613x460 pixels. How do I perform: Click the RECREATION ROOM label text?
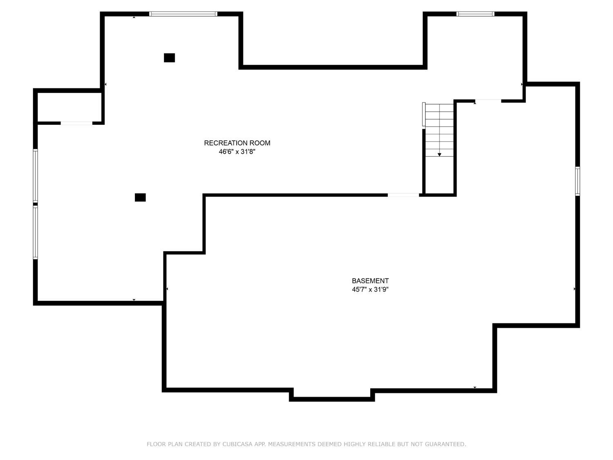point(237,143)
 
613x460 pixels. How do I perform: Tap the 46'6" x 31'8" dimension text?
point(237,152)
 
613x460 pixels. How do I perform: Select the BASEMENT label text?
point(370,281)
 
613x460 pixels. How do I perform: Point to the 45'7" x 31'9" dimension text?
point(370,289)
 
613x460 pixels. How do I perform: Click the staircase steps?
point(439,130)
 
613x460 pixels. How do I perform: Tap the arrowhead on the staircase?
point(439,155)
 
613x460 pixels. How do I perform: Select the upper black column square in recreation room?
point(169,58)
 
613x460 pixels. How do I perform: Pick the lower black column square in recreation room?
point(140,197)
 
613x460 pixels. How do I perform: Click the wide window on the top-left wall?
point(183,14)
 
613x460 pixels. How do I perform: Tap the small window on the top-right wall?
point(475,14)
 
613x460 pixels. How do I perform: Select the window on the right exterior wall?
point(577,181)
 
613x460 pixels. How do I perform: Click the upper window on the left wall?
point(36,175)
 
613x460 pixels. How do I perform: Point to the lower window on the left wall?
point(36,232)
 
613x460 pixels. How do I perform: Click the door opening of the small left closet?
point(76,123)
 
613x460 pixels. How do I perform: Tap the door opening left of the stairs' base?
point(403,195)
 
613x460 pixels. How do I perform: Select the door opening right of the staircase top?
point(488,101)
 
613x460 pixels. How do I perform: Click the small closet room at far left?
point(69,107)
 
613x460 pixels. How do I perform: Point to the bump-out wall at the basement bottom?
point(332,399)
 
